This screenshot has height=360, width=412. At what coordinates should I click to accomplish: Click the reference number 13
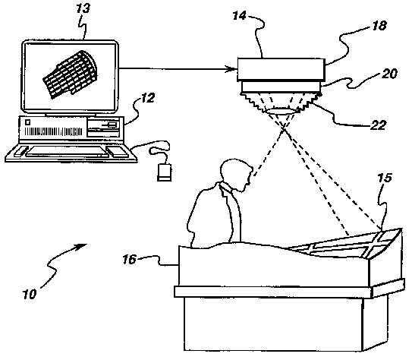[83, 9]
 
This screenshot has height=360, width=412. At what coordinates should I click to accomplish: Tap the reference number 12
[148, 98]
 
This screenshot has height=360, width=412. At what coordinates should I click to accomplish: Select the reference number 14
[239, 15]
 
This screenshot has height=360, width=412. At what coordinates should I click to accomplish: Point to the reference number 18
[379, 26]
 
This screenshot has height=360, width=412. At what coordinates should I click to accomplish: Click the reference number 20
[389, 74]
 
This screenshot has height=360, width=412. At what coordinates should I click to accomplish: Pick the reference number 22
[378, 125]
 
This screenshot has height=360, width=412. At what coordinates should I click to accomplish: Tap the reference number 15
[385, 178]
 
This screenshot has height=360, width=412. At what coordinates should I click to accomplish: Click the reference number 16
[130, 260]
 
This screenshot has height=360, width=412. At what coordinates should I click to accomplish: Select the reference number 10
[30, 294]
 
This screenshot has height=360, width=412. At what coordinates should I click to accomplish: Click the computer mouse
[164, 172]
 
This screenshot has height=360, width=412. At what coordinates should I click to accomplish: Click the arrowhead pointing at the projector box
[232, 69]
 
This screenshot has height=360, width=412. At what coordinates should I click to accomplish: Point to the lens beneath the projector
[281, 111]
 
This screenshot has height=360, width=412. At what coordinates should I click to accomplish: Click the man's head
[234, 174]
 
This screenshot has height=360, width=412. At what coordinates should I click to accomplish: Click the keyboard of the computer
[68, 152]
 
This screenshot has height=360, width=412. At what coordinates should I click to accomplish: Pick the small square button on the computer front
[27, 122]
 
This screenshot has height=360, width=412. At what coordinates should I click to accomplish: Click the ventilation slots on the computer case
[53, 131]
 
